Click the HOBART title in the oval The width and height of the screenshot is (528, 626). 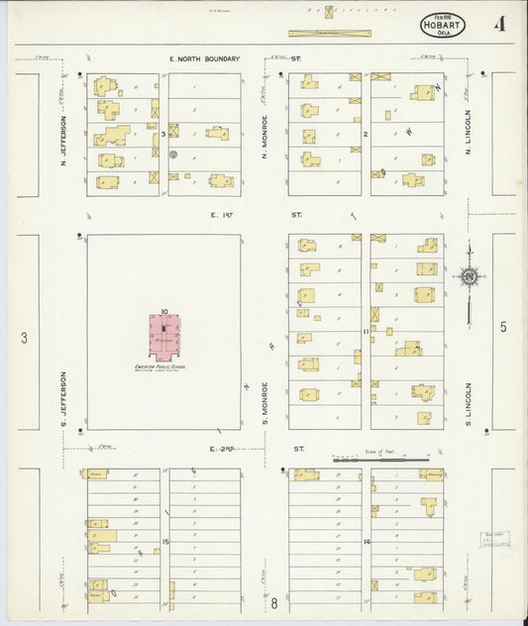click(442, 23)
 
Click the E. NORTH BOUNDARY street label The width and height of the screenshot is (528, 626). click(205, 59)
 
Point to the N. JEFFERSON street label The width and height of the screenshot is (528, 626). click(61, 141)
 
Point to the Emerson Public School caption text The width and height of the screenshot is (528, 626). click(160, 367)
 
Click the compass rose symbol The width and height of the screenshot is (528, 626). click(469, 276)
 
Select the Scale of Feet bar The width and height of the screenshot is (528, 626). click(380, 459)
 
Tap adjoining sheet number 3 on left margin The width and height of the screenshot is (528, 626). click(24, 338)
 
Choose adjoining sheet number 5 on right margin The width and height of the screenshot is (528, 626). click(502, 328)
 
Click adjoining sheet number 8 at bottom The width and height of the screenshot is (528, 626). click(274, 602)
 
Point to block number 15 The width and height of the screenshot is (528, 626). click(166, 542)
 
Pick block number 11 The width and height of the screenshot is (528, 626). click(366, 330)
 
